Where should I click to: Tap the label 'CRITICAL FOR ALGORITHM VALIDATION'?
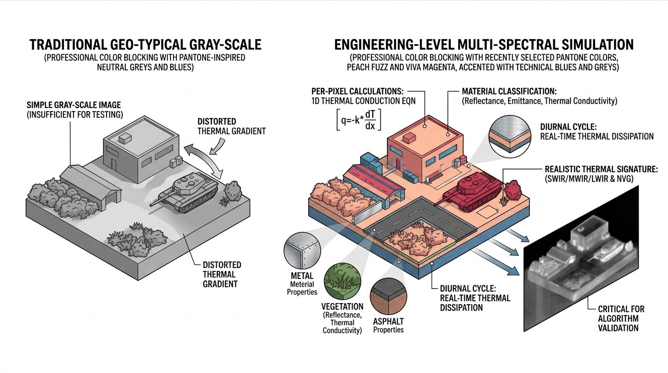tap(618, 318)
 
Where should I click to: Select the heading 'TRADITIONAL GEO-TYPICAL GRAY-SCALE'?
tap(145, 44)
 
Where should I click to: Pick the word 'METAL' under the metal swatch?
tap(302, 275)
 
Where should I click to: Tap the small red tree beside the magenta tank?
tap(512, 192)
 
